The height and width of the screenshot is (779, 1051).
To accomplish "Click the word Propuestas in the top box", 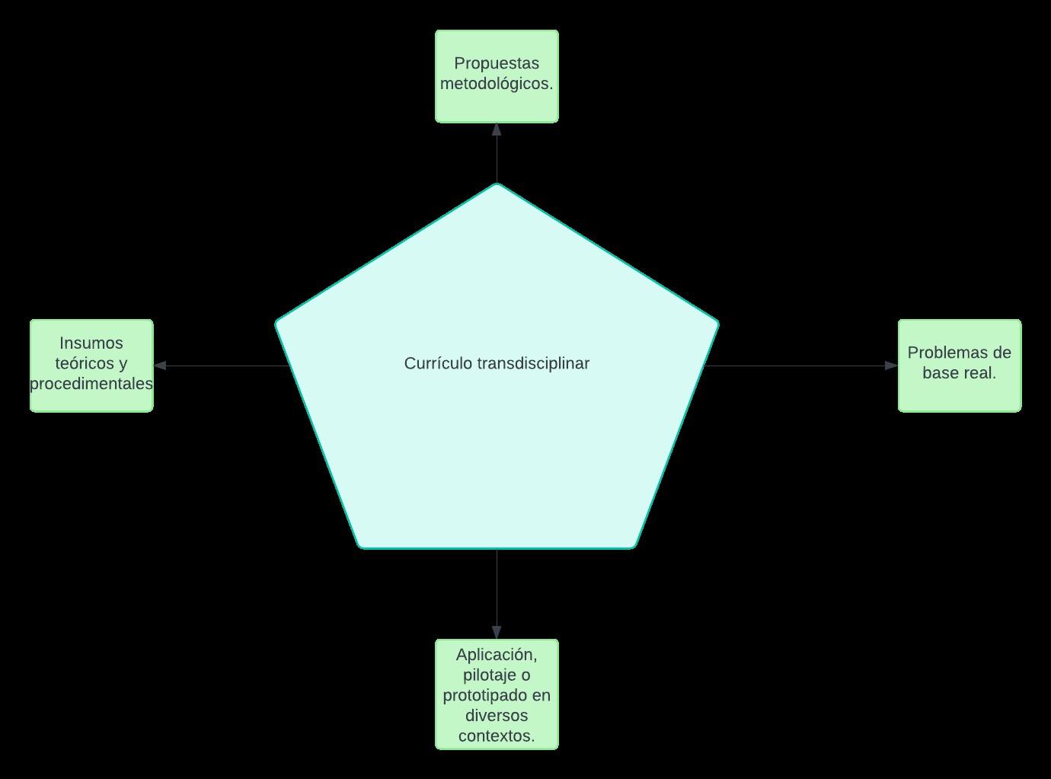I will [497, 64].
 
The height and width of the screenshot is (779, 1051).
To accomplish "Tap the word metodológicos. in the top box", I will [497, 84].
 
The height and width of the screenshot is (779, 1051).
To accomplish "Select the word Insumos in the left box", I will [91, 343].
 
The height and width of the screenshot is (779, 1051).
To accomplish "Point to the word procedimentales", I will [91, 384].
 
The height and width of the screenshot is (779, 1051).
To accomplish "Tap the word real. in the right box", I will [979, 373].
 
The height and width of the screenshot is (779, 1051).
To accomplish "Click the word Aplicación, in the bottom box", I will [497, 655].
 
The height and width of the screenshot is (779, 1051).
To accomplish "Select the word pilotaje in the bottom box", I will [487, 675].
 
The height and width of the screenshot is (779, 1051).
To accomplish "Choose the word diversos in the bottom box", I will [497, 716].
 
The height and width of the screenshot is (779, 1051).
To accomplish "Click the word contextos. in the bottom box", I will [497, 736].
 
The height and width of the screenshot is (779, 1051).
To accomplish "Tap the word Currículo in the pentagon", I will [438, 364].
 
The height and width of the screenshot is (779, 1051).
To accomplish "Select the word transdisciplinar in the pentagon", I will [533, 364].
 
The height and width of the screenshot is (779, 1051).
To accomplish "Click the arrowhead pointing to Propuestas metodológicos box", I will [497, 129].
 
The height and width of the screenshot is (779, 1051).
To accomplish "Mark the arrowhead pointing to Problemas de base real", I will [892, 366].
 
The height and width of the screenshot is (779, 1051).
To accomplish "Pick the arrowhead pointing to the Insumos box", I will [160, 366].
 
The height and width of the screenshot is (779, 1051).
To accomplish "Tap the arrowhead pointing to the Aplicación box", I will [497, 633].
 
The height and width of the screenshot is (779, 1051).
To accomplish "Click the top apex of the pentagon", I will [497, 185].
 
